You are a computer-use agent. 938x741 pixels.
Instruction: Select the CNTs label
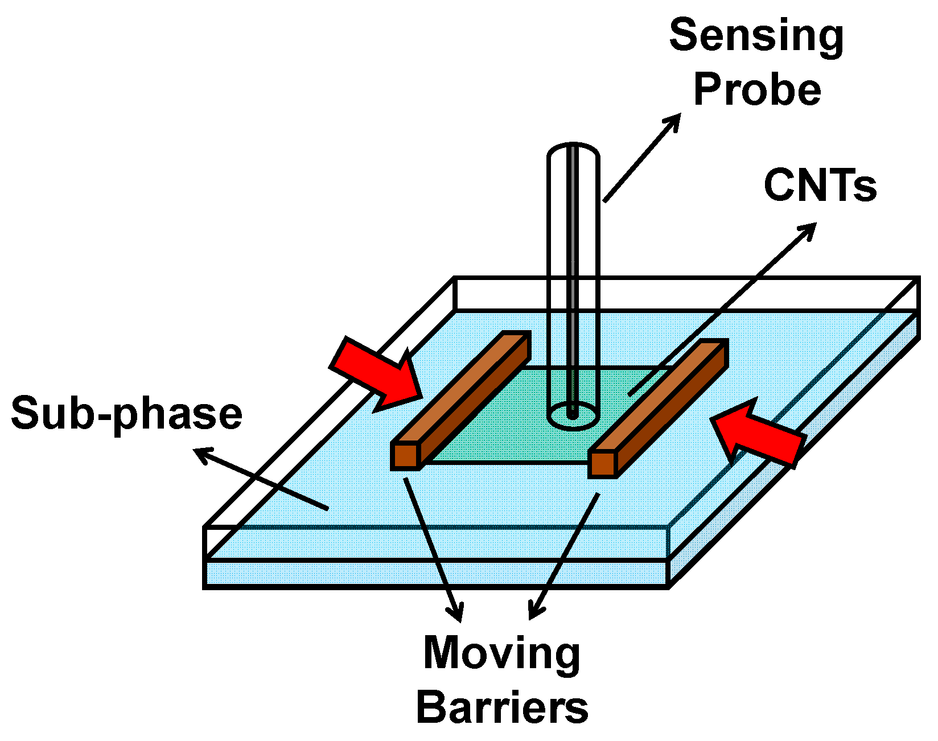click(820, 186)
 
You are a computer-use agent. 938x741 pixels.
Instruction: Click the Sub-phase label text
click(126, 414)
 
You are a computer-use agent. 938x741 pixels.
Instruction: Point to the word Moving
click(501, 653)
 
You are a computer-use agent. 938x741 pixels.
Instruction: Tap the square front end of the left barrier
click(406, 455)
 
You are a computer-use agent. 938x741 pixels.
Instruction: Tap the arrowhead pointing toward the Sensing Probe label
click(673, 121)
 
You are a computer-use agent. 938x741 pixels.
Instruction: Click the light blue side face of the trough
click(797, 455)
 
